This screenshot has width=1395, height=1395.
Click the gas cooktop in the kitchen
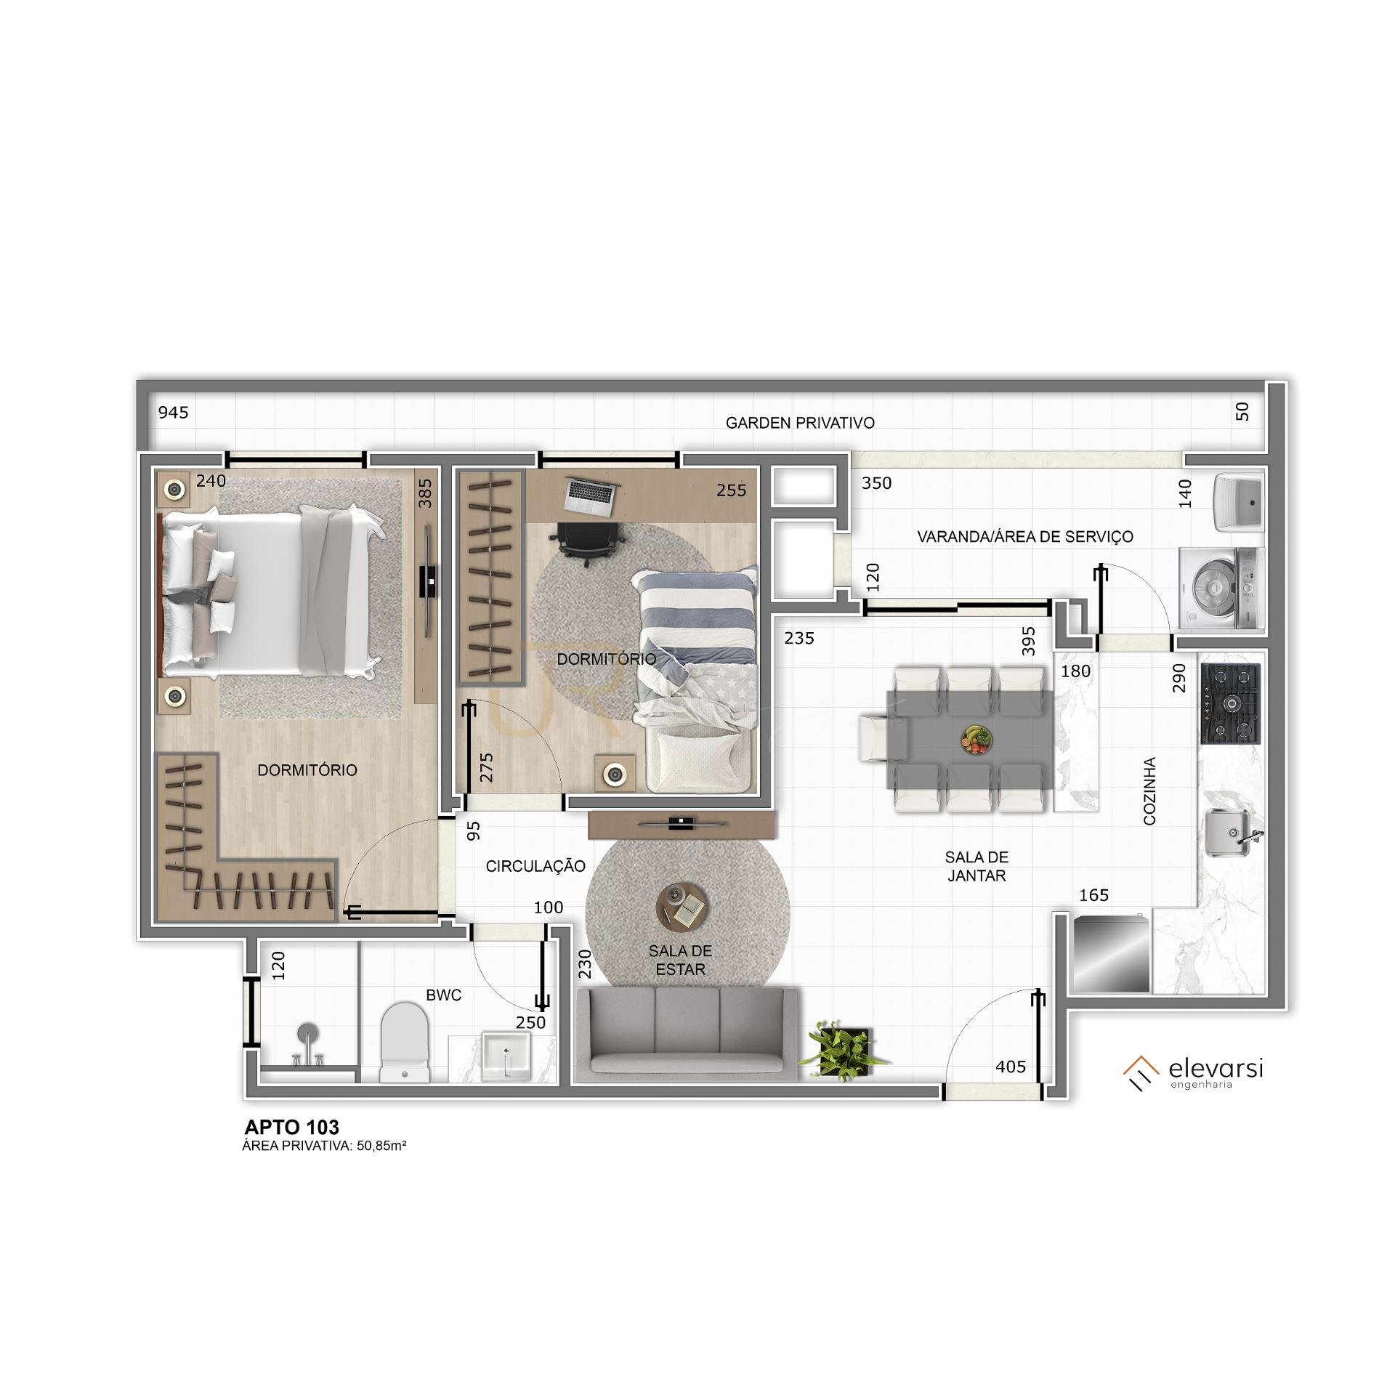coord(1231,703)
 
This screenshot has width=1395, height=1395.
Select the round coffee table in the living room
coord(681,905)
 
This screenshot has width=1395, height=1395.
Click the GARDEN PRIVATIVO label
coord(800,423)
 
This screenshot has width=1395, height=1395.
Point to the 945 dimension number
coord(174,413)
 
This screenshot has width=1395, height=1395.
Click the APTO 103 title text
coord(292,1127)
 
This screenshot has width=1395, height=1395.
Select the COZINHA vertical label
coord(1149,791)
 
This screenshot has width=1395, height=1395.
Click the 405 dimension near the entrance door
coord(1011,1067)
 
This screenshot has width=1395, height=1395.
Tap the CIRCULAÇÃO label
coord(535,866)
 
